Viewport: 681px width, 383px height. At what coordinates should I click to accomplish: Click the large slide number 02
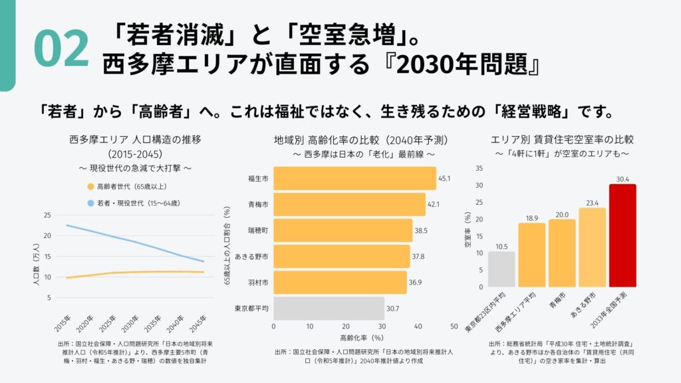[61, 49]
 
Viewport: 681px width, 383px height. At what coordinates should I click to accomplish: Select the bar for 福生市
[354, 178]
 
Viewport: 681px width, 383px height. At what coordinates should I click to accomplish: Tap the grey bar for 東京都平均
[329, 309]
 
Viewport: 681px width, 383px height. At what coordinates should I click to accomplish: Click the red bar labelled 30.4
[622, 235]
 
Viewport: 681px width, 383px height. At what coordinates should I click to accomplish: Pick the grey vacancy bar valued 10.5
[501, 269]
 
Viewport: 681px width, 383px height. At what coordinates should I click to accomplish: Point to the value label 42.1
[434, 204]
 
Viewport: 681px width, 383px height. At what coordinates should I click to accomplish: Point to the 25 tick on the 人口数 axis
[47, 215]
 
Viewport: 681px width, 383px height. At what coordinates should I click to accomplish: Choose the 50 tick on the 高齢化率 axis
[454, 327]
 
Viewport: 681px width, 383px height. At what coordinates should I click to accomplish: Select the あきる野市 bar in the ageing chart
[342, 257]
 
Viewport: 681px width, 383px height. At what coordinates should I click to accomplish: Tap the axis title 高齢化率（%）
[362, 338]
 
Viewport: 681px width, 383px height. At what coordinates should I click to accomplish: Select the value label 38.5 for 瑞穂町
[420, 230]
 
